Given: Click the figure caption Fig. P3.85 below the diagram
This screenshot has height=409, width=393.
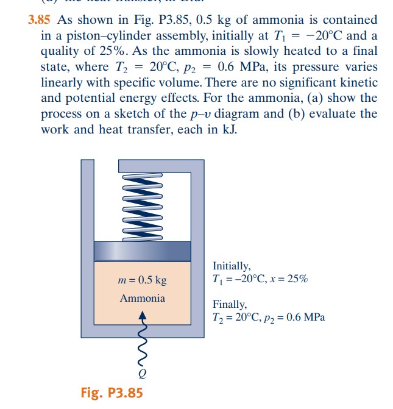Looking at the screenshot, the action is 112,392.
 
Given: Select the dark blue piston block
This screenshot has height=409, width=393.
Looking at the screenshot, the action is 142,252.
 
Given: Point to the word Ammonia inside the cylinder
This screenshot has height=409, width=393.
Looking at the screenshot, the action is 142,298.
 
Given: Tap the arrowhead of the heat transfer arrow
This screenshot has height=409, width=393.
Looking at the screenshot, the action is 143,315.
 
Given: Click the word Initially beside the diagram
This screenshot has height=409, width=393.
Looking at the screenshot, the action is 232,266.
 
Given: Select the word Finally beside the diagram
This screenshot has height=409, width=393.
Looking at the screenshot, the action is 230,304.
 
